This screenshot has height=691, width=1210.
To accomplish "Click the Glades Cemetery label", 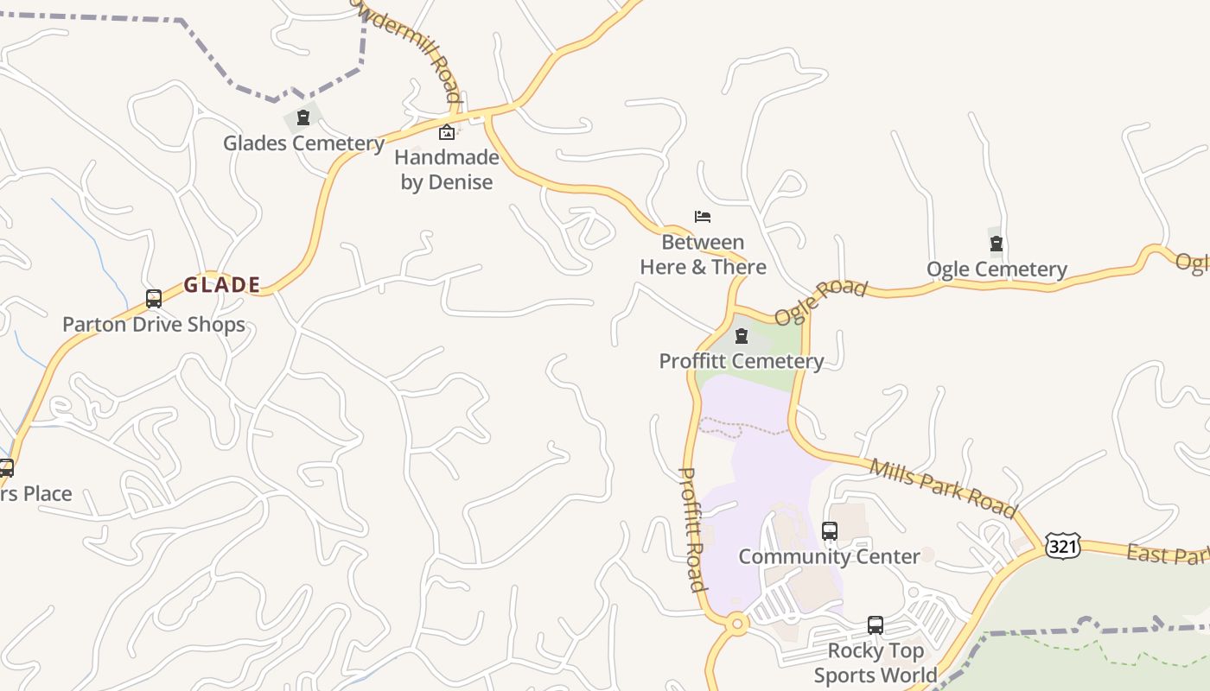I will [303, 143].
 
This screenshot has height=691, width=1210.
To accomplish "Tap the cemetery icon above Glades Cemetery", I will [303, 117].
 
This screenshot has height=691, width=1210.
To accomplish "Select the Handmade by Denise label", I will [447, 169].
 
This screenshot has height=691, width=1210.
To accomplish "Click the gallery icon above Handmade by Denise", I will [447, 132].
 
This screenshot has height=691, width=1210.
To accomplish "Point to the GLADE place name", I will [222, 285].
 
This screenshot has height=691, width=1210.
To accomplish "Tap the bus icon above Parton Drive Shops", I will [154, 299].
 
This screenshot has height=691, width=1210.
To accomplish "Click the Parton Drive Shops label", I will [154, 325].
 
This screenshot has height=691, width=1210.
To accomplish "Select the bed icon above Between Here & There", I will [703, 217].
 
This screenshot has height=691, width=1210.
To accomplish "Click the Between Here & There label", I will [703, 255].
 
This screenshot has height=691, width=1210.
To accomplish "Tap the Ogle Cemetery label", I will [997, 269].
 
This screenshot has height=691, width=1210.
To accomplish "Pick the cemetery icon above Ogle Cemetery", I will [997, 244].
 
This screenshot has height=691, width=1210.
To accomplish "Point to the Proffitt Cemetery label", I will [742, 361].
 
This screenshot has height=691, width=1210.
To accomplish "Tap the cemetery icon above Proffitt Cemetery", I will [742, 336].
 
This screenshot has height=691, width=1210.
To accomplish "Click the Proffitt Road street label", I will [692, 529].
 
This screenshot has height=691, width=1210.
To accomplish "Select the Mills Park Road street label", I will [943, 488].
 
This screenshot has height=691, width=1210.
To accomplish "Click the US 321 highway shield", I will [1061, 546].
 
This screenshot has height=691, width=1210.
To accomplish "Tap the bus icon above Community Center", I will [830, 531].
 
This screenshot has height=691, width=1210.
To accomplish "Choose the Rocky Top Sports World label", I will [876, 662].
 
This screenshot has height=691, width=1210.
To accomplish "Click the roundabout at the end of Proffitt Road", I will [737, 623].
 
